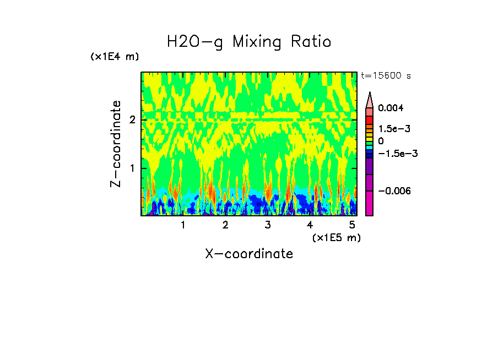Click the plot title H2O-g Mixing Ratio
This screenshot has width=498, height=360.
coord(249,42)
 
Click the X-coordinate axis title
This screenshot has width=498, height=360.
coord(249,254)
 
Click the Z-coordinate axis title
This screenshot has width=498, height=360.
coord(116,144)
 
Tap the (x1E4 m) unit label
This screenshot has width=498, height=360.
coord(115,57)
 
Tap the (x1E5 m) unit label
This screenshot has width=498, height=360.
coord(336,237)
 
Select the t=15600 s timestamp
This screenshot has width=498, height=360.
coord(386,76)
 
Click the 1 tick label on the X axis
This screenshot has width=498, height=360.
coord(183,225)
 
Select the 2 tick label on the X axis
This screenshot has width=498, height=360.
coord(225,225)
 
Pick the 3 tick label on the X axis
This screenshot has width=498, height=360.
coord(268,225)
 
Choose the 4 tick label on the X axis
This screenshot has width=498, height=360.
coord(310,225)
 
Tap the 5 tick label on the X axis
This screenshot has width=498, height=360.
coord(352,225)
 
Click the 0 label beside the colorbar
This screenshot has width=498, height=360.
coord(381,141)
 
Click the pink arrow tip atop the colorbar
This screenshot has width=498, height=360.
coord(370,99)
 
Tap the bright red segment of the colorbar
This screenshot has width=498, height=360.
coord(370,119)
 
